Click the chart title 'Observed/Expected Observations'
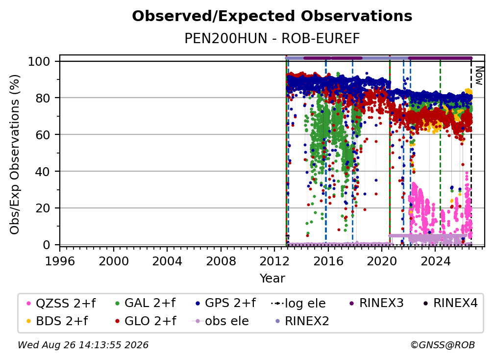tap(272, 16)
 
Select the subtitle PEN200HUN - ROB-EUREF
tap(272, 38)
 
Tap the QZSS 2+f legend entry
tap(61, 303)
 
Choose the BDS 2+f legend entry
tap(57, 321)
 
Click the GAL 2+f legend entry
tap(145, 303)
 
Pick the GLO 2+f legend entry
tap(146, 321)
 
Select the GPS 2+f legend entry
tap(225, 303)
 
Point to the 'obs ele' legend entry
tap(220, 321)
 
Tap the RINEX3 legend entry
tap(376, 303)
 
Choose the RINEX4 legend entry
tap(450, 303)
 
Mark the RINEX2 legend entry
tap(302, 321)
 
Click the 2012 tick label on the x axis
tap(274, 261)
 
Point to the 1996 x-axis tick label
tap(60, 261)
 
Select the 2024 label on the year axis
tap(435, 261)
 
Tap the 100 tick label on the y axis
tap(39, 61)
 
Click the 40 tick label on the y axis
tap(43, 172)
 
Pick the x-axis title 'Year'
tap(272, 279)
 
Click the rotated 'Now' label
tap(479, 76)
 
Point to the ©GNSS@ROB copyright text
tap(443, 345)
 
